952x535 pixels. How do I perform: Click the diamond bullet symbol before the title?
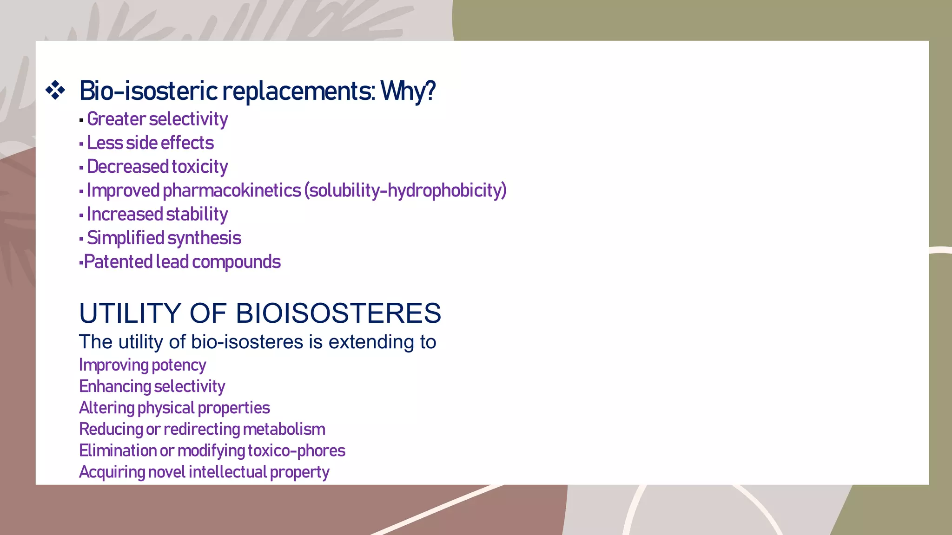pos(55,90)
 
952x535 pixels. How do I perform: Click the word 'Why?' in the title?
pos(408,91)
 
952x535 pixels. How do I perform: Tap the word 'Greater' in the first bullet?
pos(116,119)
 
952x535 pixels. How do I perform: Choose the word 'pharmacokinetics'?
pos(231,191)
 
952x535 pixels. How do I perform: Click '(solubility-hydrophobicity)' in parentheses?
pos(405,191)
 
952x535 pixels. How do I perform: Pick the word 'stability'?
pos(197,215)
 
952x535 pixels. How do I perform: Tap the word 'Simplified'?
pos(125,238)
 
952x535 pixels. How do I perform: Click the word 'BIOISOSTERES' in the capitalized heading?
pos(338,313)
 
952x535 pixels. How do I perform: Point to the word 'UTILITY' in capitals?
pos(130,313)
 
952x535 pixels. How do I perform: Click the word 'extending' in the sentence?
pos(371,342)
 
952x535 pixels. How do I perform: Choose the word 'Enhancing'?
pos(115,387)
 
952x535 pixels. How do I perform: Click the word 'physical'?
pos(166,408)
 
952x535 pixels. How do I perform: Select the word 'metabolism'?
pos(284,430)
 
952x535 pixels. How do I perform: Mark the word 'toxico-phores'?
pos(297,451)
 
